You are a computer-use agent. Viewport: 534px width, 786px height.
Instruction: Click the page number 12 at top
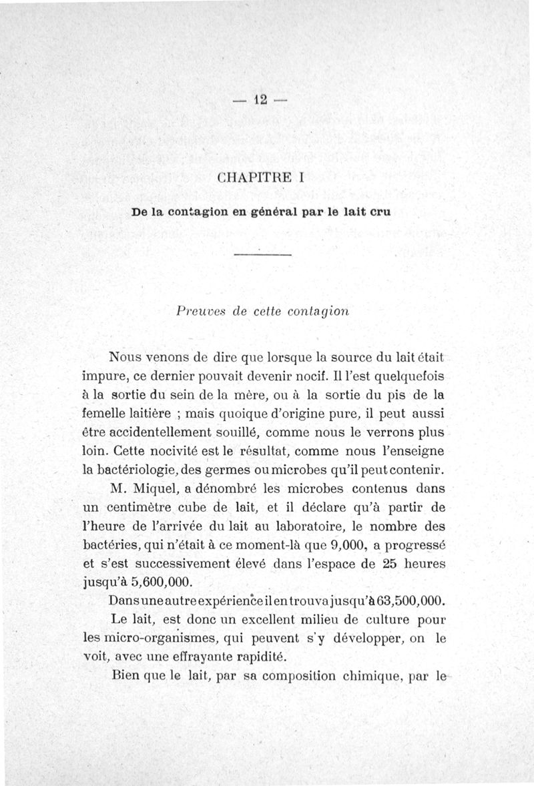coord(260,100)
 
